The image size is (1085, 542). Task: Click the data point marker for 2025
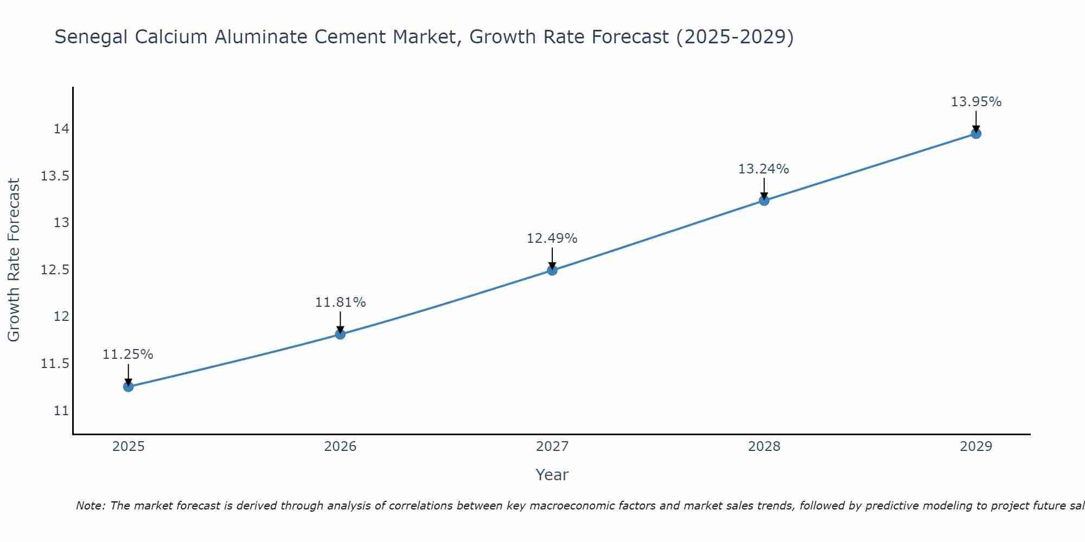pyautogui.click(x=129, y=386)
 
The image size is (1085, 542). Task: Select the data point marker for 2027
pyautogui.click(x=552, y=270)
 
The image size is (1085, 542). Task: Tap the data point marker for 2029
pyautogui.click(x=976, y=133)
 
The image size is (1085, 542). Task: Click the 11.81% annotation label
pyautogui.click(x=341, y=302)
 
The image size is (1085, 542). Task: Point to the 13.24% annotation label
pyautogui.click(x=764, y=169)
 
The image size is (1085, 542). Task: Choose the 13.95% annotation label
pyautogui.click(x=976, y=102)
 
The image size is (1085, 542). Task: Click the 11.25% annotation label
pyautogui.click(x=128, y=354)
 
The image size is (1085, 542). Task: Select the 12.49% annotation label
pyautogui.click(x=552, y=238)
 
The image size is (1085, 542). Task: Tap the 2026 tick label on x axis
pyautogui.click(x=340, y=447)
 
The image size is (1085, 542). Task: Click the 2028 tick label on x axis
pyautogui.click(x=764, y=447)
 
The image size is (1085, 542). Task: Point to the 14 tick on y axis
pyautogui.click(x=61, y=129)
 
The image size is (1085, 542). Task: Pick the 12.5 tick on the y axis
pyautogui.click(x=55, y=270)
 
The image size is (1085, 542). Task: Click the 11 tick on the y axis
pyautogui.click(x=61, y=411)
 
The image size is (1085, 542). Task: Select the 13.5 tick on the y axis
pyautogui.click(x=55, y=176)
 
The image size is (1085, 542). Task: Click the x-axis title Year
pyautogui.click(x=552, y=475)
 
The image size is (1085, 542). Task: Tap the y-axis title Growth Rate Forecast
pyautogui.click(x=14, y=260)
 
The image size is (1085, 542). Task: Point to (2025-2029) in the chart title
pyautogui.click(x=735, y=37)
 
